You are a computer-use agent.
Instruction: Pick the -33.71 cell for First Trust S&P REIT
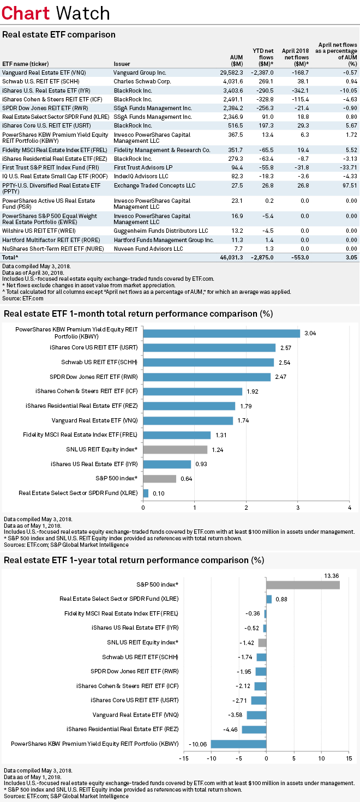[347, 167]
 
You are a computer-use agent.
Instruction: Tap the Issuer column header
[122, 63]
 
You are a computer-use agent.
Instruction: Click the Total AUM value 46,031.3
[231, 257]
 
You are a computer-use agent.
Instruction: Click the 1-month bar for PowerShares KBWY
[221, 333]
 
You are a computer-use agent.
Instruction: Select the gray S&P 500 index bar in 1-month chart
[159, 479]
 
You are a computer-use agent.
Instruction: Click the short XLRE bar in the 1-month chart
[146, 493]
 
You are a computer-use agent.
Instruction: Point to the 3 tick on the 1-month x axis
[298, 508]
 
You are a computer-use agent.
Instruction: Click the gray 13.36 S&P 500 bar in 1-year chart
[303, 584]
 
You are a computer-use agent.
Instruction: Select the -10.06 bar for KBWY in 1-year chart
[238, 744]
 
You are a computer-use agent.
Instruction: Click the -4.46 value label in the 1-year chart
[232, 729]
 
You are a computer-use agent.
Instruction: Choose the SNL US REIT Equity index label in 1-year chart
[142, 642]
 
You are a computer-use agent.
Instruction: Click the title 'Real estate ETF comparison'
[59, 34]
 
